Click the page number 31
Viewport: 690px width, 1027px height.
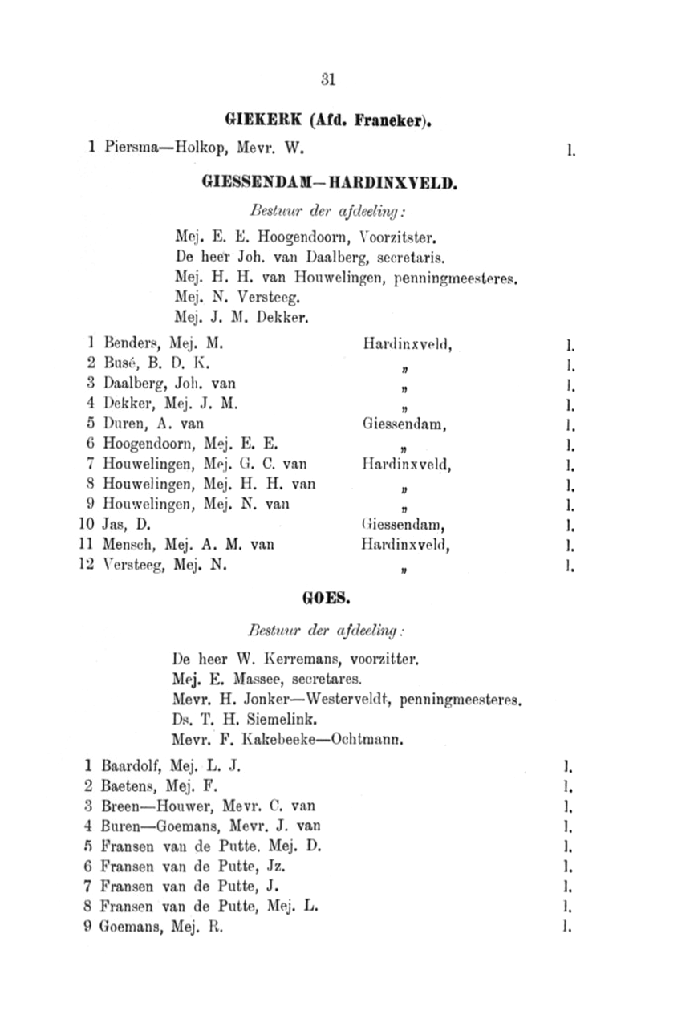[x=327, y=79]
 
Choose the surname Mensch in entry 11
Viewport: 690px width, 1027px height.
[x=128, y=546]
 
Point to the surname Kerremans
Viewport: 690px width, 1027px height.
[x=290, y=661]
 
